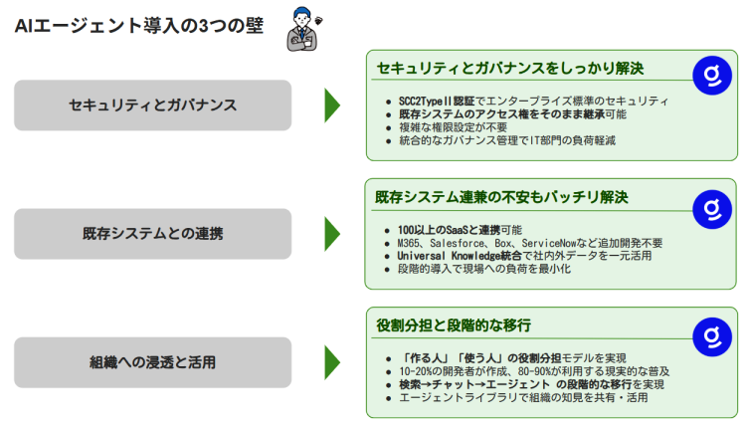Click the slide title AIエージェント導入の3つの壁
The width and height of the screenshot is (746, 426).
pos(139,26)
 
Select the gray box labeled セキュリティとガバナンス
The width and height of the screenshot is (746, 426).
pos(152,106)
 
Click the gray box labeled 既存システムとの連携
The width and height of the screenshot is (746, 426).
pos(152,234)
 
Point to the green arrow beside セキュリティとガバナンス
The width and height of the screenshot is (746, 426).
pos(331,106)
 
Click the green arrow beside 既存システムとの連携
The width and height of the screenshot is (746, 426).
pos(331,234)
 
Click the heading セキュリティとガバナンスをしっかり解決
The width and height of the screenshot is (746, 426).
pos(510,68)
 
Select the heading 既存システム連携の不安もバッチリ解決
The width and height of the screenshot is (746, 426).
pos(502,197)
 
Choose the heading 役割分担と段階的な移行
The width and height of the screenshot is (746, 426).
pos(454,325)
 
